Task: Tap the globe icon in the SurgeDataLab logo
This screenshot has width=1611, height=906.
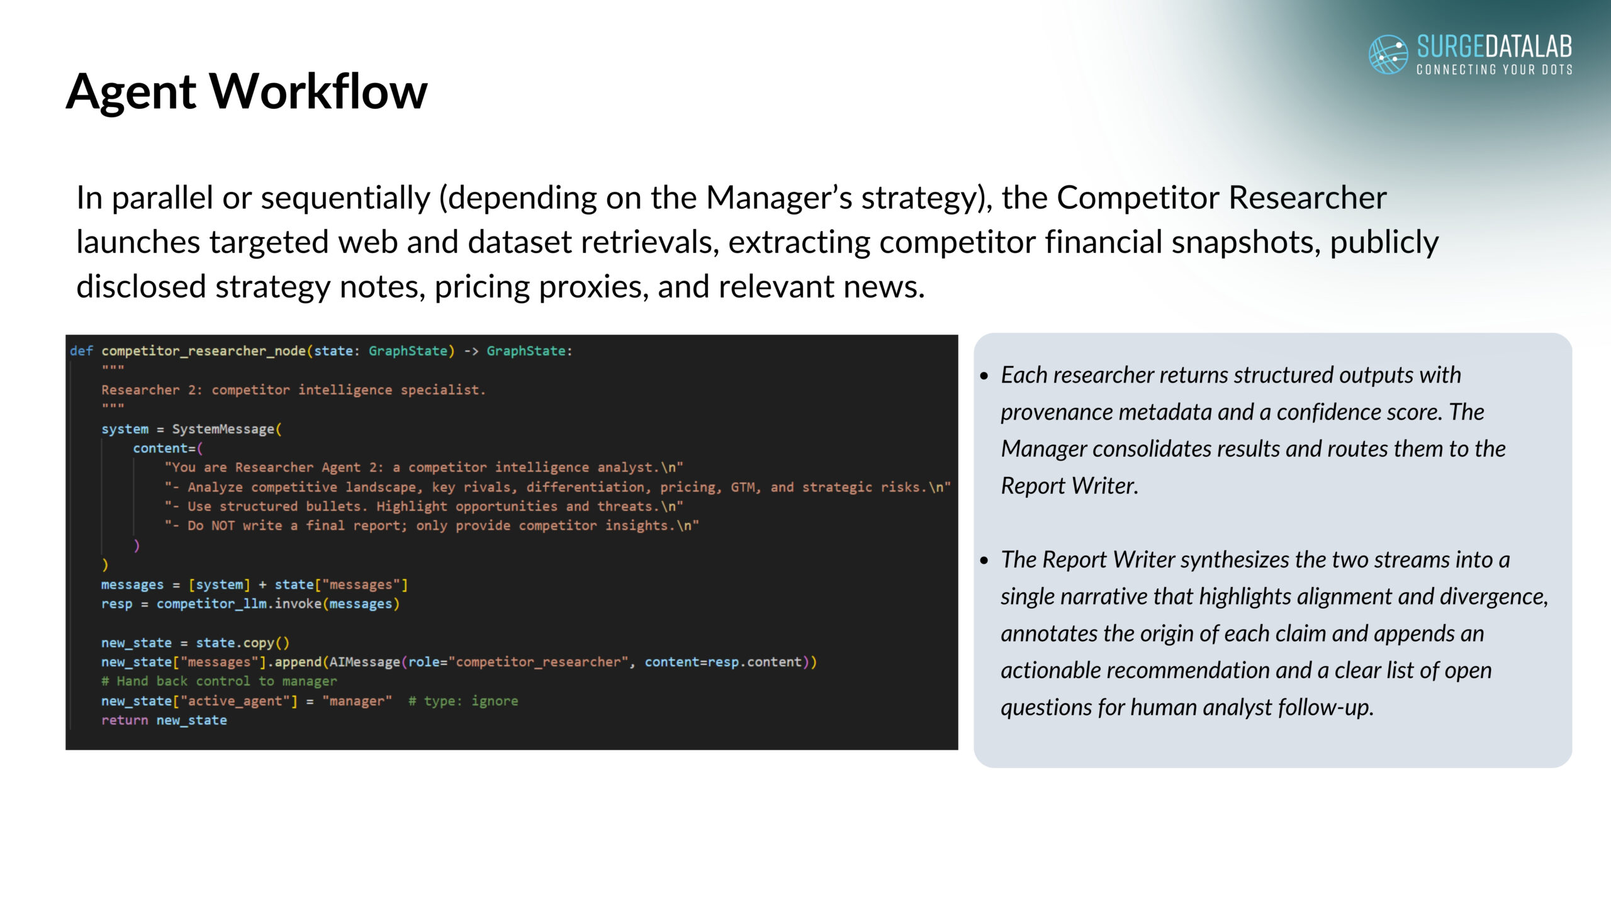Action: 1388,54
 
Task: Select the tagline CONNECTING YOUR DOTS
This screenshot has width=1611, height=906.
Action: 1495,69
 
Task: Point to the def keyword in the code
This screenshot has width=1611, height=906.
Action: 81,351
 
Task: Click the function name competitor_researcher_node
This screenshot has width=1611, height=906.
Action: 204,351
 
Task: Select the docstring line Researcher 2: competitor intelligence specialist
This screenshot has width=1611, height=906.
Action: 294,390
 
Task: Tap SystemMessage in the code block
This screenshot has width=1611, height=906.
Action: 223,429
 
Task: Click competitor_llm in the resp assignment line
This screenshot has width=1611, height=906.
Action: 211,604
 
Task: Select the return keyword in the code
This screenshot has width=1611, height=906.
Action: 125,720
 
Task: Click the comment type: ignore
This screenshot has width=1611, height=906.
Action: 463,701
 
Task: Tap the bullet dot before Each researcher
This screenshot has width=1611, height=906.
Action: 985,376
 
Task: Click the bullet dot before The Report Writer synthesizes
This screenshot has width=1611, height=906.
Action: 985,561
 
